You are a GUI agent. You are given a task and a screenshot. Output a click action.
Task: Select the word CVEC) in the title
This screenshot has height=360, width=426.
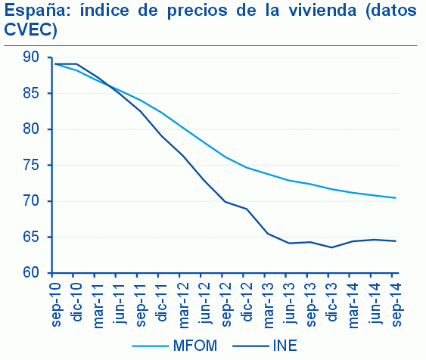31,31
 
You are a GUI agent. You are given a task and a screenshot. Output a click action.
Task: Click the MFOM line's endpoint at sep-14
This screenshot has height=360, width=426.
396,198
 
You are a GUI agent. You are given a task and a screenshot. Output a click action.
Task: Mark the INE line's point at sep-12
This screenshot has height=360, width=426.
225,202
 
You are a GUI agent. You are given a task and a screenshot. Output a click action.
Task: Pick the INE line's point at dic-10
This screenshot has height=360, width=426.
76,64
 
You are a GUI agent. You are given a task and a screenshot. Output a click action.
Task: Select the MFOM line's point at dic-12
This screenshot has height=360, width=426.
247,167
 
